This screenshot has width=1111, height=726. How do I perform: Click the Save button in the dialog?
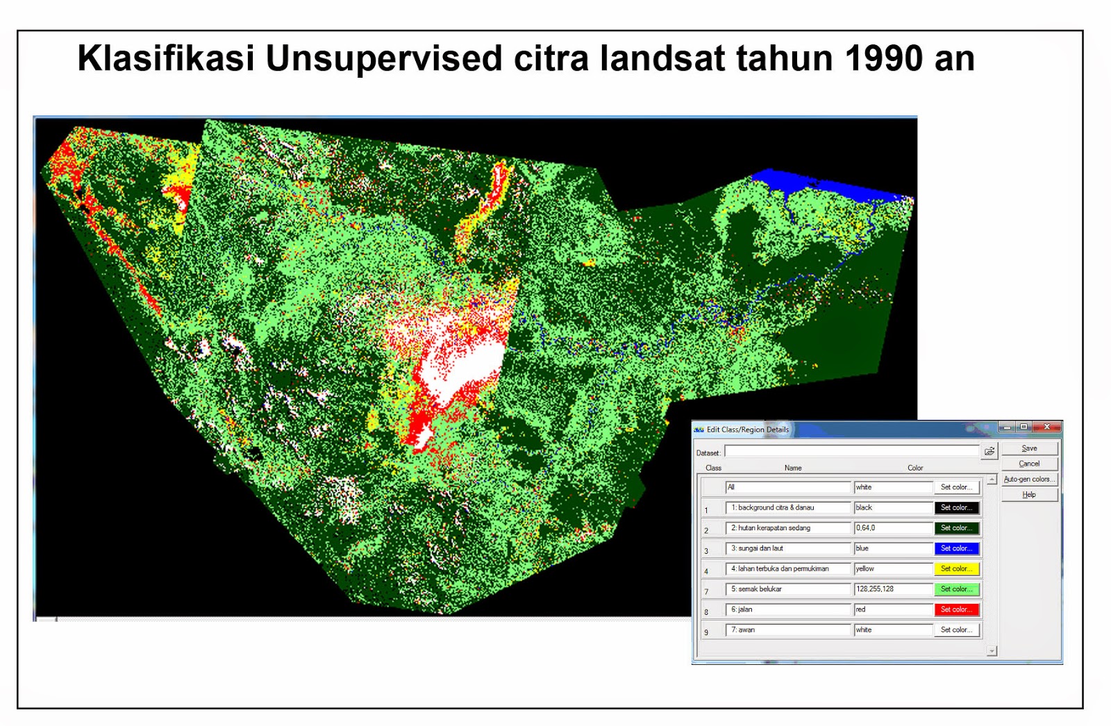pos(1029,448)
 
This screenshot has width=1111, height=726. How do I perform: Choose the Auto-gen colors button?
pos(1029,479)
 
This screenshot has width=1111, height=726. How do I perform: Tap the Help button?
pos(1029,495)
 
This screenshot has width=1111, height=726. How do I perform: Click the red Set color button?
pos(956,609)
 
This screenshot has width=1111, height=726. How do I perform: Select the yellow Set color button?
pos(956,568)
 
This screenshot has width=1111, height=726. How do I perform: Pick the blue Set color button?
pos(956,548)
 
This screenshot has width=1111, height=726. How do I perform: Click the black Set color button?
pos(956,507)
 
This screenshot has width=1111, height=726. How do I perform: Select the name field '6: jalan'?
pos(788,609)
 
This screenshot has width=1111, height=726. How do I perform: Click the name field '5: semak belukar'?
pos(788,589)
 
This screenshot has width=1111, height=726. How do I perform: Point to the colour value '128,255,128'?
pos(893,589)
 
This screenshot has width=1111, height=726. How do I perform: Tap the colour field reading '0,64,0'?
pos(893,528)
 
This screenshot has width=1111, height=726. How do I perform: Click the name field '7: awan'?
pos(788,630)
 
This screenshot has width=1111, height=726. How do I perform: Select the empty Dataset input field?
pos(851,452)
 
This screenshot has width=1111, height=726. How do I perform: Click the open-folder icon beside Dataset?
pos(989,452)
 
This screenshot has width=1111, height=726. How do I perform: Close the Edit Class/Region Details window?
pos(1047,427)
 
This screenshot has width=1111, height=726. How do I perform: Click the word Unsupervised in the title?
pos(383,58)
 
